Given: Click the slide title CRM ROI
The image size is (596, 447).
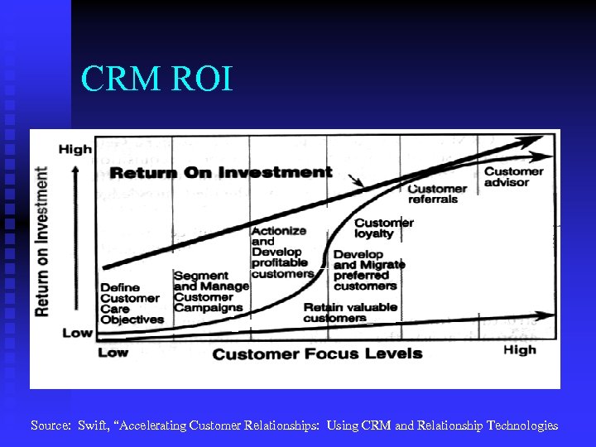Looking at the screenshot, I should pos(157,79).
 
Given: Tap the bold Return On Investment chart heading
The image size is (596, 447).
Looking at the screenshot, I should pos(221,173).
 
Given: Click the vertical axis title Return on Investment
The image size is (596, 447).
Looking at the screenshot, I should pos(41,241).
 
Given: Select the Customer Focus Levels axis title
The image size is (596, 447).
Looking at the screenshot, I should pos(317,353).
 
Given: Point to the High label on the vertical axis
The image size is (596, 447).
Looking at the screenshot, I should pos(75,149).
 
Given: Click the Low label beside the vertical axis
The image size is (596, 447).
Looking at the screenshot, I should pos(77,333).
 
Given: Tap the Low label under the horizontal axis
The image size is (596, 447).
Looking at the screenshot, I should pos(113,352).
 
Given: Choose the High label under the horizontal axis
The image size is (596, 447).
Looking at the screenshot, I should pos(519,349).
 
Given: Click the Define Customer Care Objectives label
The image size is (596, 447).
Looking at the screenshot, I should pos(132,304).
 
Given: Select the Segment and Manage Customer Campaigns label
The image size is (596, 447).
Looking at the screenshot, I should pos(210,291).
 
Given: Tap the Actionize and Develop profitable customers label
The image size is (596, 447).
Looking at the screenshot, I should pos(281,252).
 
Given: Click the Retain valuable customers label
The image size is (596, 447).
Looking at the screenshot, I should pos(349,312).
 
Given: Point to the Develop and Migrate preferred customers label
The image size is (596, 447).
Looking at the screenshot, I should pos(369,270).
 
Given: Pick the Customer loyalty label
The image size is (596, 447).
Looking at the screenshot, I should pos(383,228).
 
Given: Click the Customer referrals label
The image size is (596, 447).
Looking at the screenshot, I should pos(437,194).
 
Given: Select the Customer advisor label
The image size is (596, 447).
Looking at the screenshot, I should pos(513,176).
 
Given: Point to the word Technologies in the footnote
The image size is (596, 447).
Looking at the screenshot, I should pos(522,425).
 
